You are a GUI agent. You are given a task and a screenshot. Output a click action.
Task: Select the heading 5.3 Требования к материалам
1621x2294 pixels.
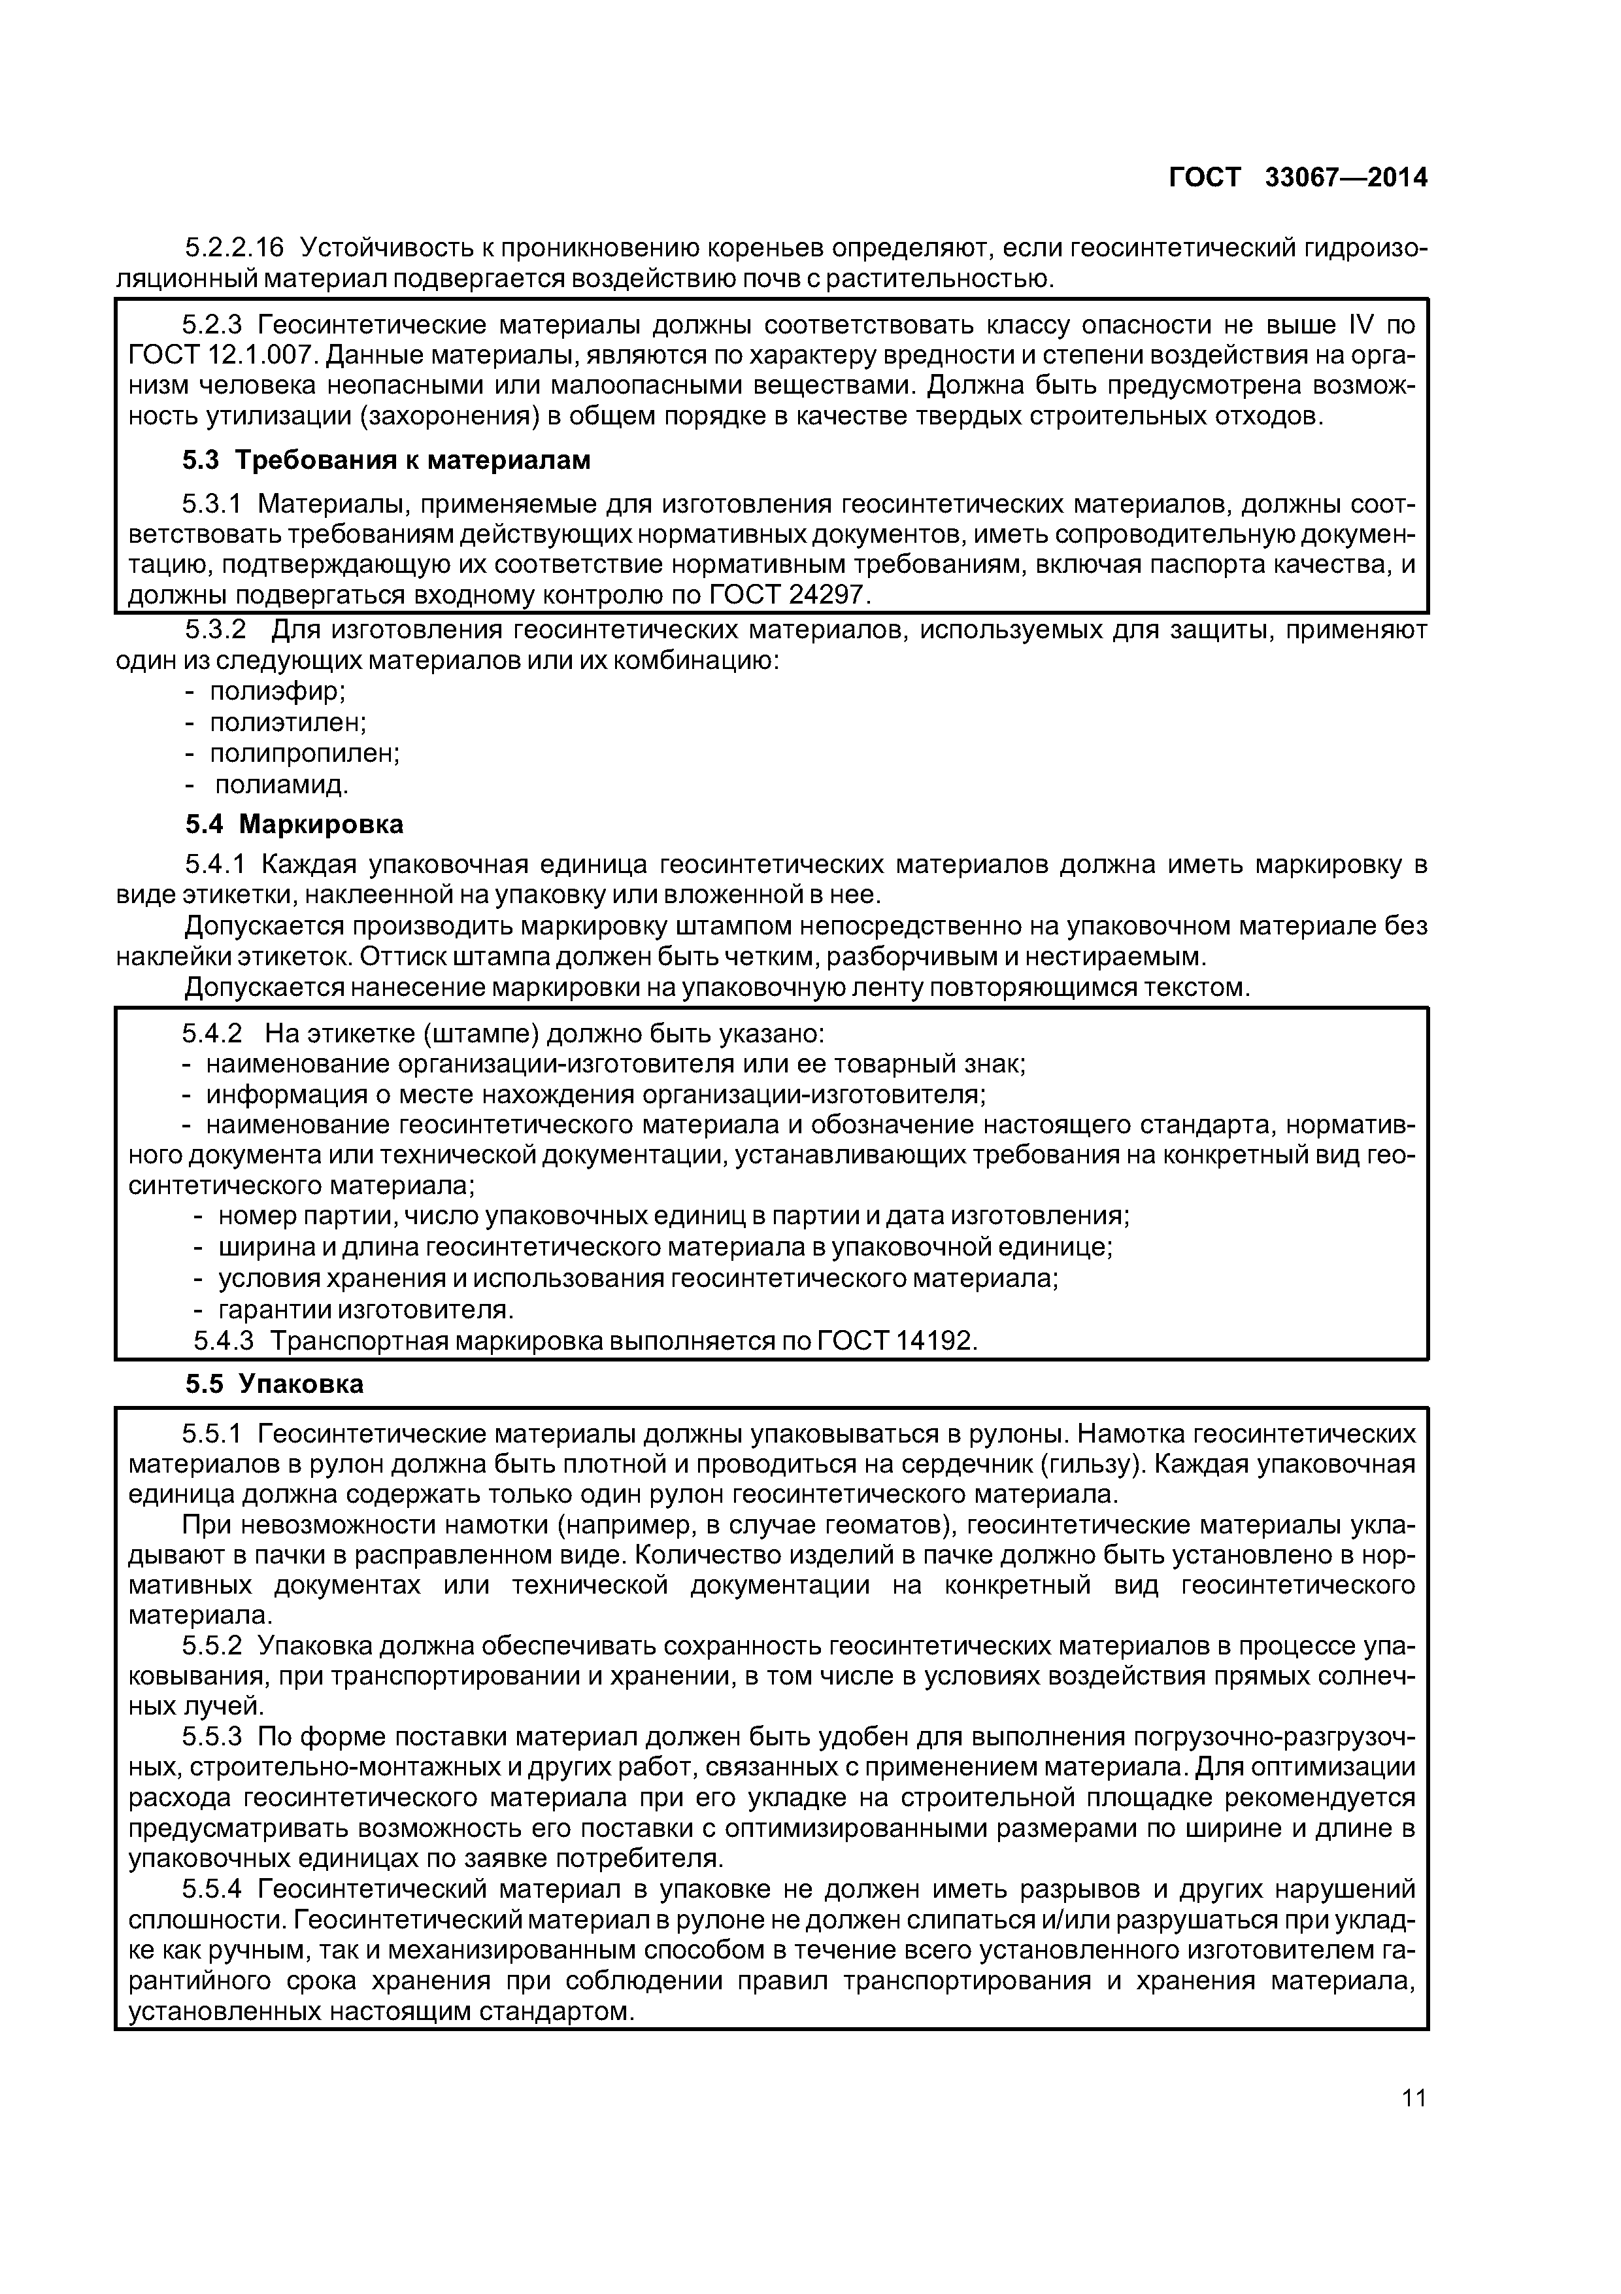(388, 460)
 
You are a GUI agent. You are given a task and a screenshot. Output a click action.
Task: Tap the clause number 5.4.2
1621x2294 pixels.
(212, 1033)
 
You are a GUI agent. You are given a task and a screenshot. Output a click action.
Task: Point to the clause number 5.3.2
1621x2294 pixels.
(216, 630)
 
